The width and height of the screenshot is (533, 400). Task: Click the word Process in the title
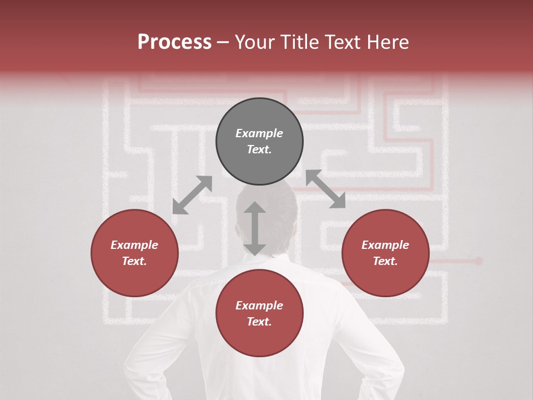point(174,42)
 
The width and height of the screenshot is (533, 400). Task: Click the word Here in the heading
point(388,42)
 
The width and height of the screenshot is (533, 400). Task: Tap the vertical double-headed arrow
point(255,228)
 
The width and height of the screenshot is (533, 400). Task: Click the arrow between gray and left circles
point(192,195)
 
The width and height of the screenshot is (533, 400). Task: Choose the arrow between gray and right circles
point(325,189)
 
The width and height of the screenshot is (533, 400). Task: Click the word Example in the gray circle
point(259,133)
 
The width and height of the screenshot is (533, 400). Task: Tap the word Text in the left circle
point(134,261)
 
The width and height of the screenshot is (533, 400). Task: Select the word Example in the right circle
point(385,244)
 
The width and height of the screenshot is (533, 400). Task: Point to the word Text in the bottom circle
point(259,322)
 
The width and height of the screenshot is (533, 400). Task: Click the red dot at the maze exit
point(479,261)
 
